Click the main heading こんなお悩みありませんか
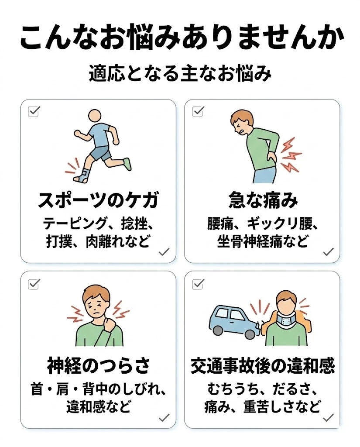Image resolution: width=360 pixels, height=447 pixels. (x=180, y=38)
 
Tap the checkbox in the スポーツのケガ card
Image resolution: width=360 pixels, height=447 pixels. (x=34, y=111)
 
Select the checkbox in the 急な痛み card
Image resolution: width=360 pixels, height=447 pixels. (x=198, y=111)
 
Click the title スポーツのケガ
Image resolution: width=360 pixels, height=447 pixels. (x=98, y=201)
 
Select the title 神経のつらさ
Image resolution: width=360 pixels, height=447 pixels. (x=98, y=365)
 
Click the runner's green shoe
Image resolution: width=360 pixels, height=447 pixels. (x=127, y=165)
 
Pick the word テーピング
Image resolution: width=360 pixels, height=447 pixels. (x=75, y=224)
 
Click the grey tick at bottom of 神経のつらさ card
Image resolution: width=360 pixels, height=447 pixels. (x=164, y=418)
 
